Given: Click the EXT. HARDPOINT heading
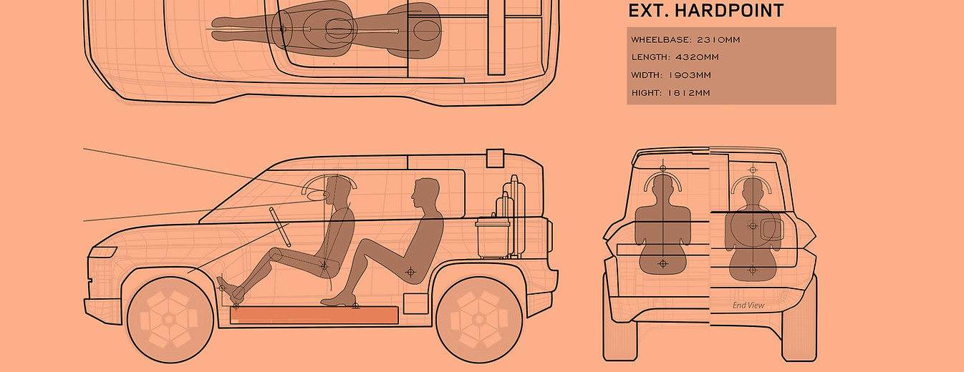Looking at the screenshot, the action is coord(705,11).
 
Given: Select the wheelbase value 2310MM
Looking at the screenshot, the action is coord(718,40).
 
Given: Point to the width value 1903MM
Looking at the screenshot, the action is coord(690,75).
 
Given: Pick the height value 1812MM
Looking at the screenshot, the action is coord(688,93).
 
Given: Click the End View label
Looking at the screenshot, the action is coord(748,305).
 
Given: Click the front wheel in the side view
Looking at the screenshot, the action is coord(170,320).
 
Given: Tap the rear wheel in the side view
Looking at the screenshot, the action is coord(479,320).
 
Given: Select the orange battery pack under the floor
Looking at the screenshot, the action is coord(314,315).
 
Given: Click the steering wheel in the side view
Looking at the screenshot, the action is coord(280,227).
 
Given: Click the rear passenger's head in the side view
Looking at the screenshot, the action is coord(425,194).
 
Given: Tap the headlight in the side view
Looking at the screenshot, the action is coord(102,253).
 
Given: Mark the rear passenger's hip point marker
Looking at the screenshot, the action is coord(410,272).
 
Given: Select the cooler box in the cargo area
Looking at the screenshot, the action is coord(493,239).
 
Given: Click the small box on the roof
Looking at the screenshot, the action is coord(495,158).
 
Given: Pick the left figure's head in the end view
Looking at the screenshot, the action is coord(662,187).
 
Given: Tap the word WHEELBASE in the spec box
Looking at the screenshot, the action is coord(660,40).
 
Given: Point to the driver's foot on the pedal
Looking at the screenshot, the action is coord(230,290).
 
